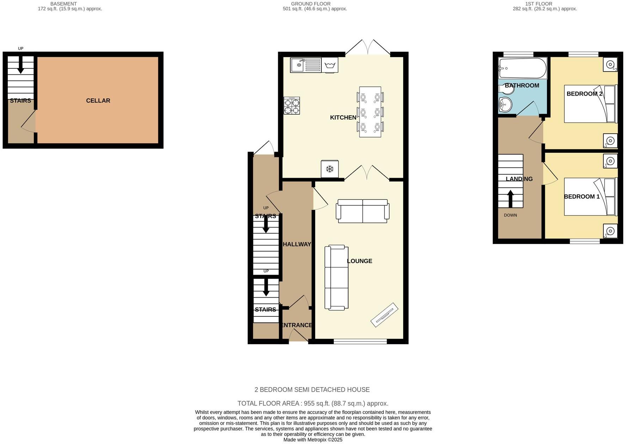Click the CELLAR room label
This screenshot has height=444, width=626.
(98, 101)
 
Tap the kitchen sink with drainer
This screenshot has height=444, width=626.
(306, 65)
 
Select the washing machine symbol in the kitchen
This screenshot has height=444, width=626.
(330, 65)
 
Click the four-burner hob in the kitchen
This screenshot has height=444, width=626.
(292, 105)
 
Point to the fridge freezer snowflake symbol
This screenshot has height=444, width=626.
(330, 169)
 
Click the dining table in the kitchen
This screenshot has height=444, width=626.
(370, 112)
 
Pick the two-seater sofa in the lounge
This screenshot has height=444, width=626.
(363, 211)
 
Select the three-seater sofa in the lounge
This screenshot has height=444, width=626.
(336, 278)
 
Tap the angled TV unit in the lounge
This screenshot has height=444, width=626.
(384, 315)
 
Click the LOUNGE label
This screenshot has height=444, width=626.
(360, 261)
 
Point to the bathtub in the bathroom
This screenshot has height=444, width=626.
(522, 68)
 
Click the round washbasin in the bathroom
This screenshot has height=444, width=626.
(505, 105)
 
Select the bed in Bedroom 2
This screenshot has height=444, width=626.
(591, 104)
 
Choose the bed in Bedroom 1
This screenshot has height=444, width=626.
(591, 196)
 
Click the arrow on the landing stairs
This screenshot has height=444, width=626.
(510, 199)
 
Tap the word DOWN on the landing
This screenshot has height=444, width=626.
(510, 215)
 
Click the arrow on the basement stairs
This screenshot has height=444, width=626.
(21, 65)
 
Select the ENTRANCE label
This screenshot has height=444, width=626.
(296, 325)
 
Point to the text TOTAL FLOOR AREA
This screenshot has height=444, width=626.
(268, 403)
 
